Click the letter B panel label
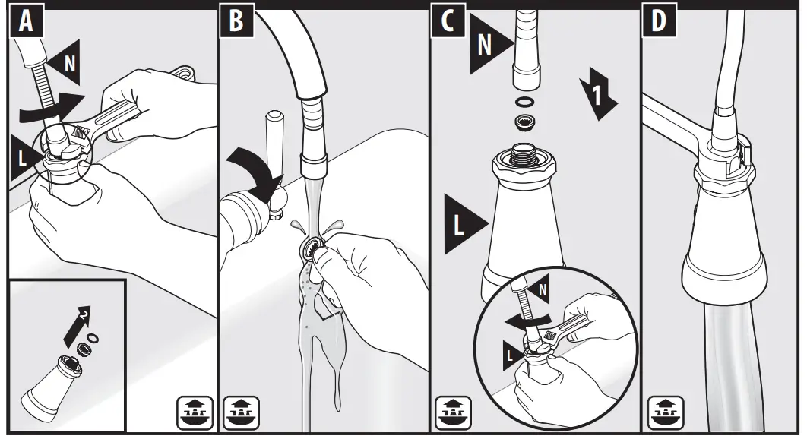point(236,21)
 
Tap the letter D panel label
point(659,21)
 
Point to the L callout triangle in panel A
point(23,158)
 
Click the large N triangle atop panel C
point(489,44)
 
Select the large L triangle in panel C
point(464,224)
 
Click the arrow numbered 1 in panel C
point(597,93)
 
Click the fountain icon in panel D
point(665,412)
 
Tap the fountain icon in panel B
point(240,412)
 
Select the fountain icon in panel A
point(195,412)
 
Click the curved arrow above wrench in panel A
point(52,107)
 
